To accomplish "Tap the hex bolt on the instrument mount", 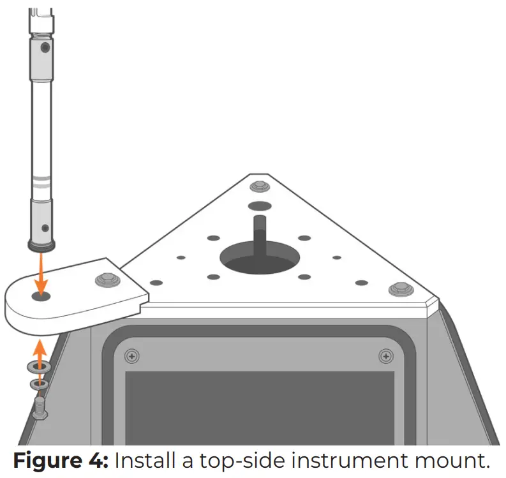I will click(106, 279).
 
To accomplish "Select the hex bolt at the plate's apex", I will click(259, 187).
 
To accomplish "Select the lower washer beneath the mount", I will click(38, 384).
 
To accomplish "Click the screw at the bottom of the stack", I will click(39, 407).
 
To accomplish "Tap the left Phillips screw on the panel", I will click(132, 355).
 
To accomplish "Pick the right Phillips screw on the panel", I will click(385, 355).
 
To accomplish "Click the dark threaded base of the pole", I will click(42, 244).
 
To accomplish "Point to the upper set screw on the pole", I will click(44, 47).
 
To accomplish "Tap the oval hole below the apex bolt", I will click(259, 207).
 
